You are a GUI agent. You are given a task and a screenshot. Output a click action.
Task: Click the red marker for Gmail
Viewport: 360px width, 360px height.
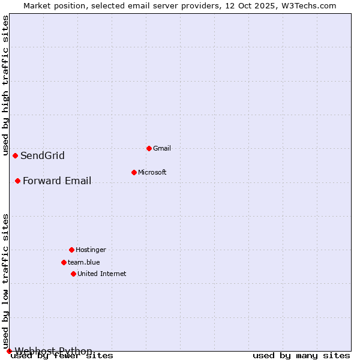149,148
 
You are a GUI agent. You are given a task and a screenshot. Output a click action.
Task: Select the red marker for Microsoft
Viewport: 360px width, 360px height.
134,172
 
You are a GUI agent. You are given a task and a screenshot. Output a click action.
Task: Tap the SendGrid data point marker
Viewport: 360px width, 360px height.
15,155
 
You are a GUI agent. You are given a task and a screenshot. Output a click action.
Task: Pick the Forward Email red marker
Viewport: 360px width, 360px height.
17,181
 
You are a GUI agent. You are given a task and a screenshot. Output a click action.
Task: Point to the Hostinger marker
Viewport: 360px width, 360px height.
71,250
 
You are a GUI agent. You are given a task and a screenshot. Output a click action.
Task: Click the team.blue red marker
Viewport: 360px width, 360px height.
64,262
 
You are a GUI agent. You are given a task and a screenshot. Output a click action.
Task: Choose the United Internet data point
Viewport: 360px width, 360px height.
73,274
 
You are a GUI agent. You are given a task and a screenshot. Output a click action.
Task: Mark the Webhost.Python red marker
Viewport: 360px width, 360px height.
9,351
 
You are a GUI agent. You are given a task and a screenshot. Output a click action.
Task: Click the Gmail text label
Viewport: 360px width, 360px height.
162,148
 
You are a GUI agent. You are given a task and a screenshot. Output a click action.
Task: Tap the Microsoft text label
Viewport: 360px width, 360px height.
152,172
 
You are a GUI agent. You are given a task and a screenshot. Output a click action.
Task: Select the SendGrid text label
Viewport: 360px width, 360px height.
43,156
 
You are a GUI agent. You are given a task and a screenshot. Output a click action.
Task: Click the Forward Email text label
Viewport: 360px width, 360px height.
57,181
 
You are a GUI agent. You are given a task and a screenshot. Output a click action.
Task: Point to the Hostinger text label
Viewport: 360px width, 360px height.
91,250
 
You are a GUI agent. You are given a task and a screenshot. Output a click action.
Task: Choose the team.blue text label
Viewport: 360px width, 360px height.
84,262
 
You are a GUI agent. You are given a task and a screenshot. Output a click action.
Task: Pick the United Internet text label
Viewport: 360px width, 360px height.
102,274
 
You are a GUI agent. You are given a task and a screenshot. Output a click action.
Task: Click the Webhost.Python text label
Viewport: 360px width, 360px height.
53,351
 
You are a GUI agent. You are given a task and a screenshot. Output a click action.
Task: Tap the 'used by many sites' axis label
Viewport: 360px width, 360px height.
301,356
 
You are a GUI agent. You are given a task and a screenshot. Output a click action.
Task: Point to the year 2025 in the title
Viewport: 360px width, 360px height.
245,5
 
